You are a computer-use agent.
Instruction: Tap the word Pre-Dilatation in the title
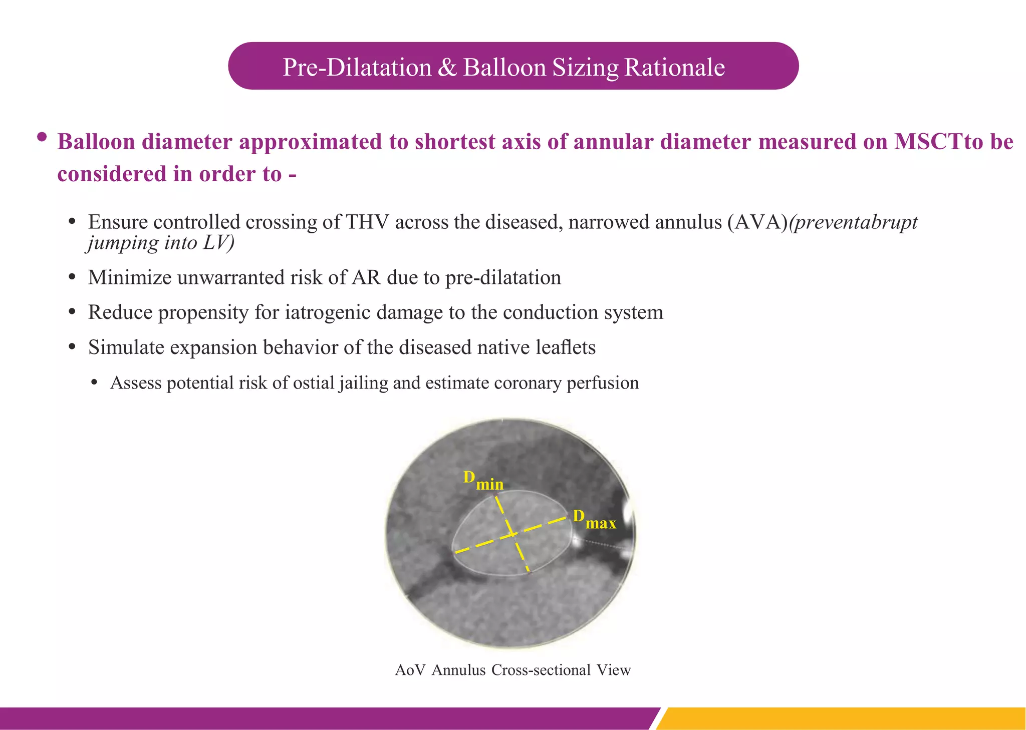pyautogui.click(x=357, y=68)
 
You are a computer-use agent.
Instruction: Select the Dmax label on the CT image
pyautogui.click(x=594, y=519)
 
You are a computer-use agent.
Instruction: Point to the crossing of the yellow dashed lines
pyautogui.click(x=512, y=534)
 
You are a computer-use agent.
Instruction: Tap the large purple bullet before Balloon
pyautogui.click(x=42, y=137)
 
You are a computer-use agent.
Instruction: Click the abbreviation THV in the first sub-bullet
pyautogui.click(x=367, y=222)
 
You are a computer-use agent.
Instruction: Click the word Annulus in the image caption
pyautogui.click(x=458, y=670)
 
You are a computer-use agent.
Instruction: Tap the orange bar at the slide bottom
pyautogui.click(x=842, y=718)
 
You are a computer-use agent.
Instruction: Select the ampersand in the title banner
pyautogui.click(x=447, y=68)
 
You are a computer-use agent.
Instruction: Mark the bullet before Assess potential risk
pyautogui.click(x=95, y=383)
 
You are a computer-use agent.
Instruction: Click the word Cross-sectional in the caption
pyautogui.click(x=541, y=670)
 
